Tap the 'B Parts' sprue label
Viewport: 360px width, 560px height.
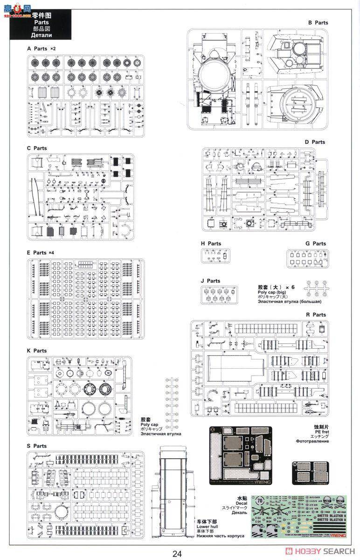click(318, 22)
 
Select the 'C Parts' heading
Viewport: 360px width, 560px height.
click(37, 148)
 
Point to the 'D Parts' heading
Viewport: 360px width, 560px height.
click(315, 142)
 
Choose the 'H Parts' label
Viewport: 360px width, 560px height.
click(211, 244)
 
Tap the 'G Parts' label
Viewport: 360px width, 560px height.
click(316, 244)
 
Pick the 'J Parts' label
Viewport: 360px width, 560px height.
click(210, 281)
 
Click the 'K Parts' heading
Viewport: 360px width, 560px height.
click(37, 351)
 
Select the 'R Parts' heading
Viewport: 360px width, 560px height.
click(316, 315)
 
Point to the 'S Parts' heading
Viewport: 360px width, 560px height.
click(37, 446)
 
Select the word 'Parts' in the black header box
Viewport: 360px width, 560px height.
click(42, 22)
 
